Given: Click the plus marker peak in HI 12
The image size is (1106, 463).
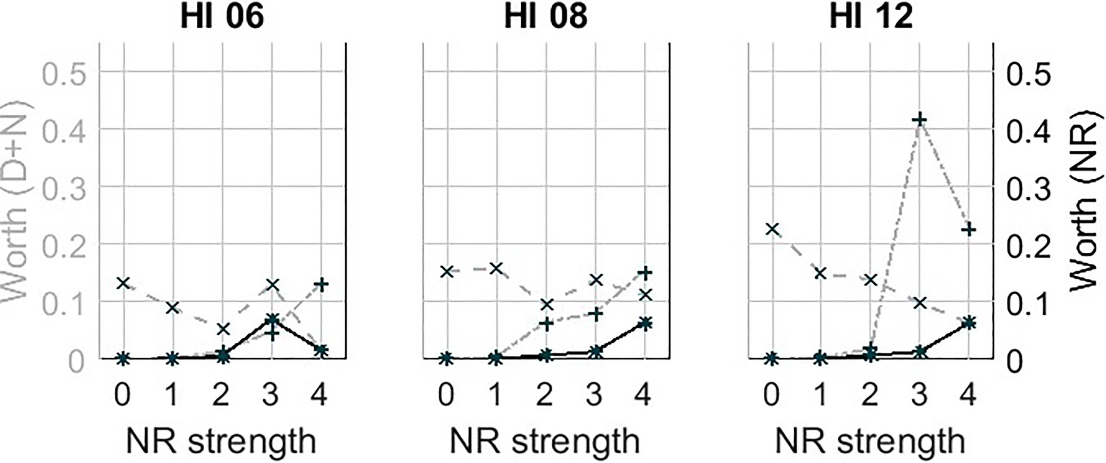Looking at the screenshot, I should (x=919, y=120).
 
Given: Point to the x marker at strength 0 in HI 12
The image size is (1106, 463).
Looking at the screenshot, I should (x=772, y=229).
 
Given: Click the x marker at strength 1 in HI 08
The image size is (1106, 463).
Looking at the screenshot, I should (x=496, y=269).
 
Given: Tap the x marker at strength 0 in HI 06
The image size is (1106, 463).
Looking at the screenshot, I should (x=124, y=283).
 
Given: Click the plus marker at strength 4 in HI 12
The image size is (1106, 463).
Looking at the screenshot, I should (x=968, y=229).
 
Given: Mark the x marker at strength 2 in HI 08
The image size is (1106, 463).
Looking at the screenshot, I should (x=546, y=305).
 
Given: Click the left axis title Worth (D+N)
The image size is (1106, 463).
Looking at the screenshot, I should (x=15, y=202).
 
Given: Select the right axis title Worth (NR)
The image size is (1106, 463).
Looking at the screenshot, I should (x=1088, y=202).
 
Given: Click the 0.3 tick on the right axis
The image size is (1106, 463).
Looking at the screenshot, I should (x=1029, y=189).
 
